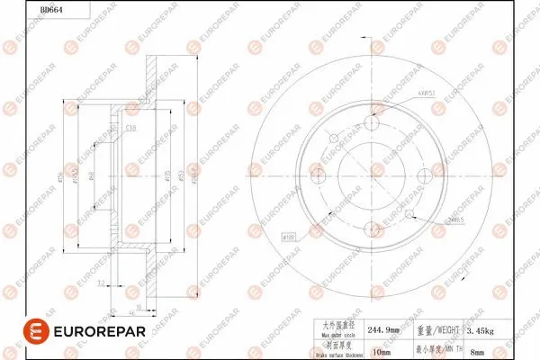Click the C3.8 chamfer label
point(130,130)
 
